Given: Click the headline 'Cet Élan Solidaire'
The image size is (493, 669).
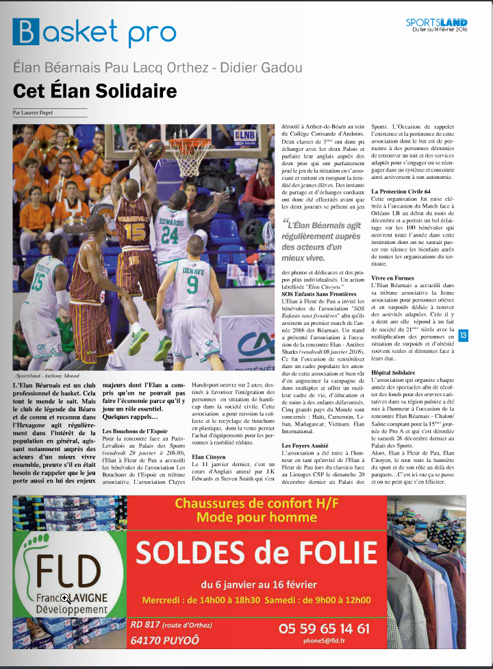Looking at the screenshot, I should tap(95, 90).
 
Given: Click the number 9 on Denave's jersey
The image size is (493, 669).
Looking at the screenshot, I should tap(192, 282).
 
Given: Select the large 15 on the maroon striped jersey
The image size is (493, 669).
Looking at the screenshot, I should tap(134, 230).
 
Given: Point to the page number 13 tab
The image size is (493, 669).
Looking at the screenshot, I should tap(464, 335).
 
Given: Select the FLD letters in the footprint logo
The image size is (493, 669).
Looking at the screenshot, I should tap(69, 568).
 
